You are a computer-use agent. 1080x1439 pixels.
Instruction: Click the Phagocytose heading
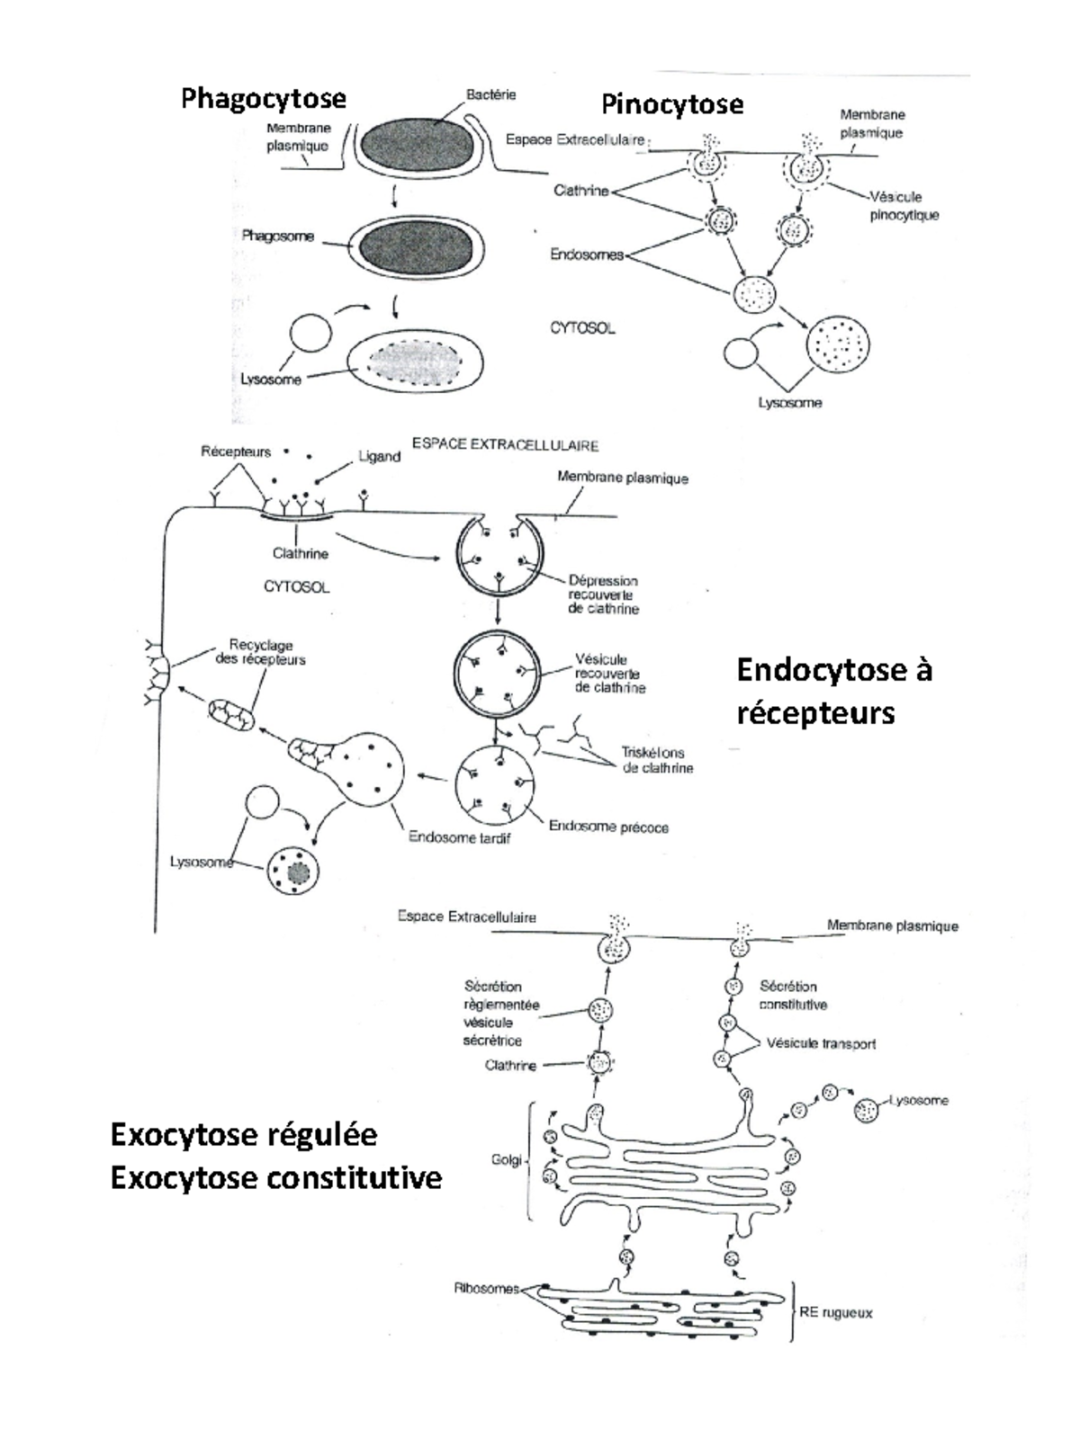pyautogui.click(x=263, y=98)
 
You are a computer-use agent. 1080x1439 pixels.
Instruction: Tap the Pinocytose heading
pyautogui.click(x=672, y=104)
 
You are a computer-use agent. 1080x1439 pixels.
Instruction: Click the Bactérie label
pyautogui.click(x=490, y=94)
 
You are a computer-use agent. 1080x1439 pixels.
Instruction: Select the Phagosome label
pyautogui.click(x=277, y=237)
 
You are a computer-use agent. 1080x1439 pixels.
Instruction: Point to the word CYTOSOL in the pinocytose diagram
pyautogui.click(x=582, y=328)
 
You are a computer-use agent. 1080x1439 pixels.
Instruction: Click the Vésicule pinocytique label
pyautogui.click(x=904, y=206)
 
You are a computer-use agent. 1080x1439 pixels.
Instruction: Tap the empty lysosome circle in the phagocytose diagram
pyautogui.click(x=310, y=334)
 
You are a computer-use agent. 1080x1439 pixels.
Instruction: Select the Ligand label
pyautogui.click(x=379, y=456)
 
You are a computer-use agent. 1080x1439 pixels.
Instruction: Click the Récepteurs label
pyautogui.click(x=236, y=451)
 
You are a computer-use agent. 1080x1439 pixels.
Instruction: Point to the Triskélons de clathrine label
pyautogui.click(x=657, y=760)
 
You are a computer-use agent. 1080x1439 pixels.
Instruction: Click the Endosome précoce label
pyautogui.click(x=608, y=827)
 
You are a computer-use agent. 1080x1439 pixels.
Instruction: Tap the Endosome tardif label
pyautogui.click(x=459, y=837)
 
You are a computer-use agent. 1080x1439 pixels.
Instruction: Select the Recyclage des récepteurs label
pyautogui.click(x=260, y=652)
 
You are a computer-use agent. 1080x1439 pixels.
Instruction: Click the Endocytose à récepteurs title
pyautogui.click(x=833, y=691)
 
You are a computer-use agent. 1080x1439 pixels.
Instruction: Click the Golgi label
pyautogui.click(x=507, y=1160)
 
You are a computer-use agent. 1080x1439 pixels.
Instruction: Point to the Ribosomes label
pyautogui.click(x=486, y=1289)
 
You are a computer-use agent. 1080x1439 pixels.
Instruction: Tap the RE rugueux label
pyautogui.click(x=835, y=1313)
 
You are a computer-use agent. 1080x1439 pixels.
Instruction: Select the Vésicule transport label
pyautogui.click(x=821, y=1044)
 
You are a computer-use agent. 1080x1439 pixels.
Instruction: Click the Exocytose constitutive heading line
pyautogui.click(x=275, y=1177)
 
